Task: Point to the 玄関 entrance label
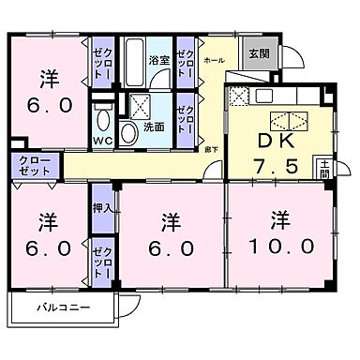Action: click(258, 52)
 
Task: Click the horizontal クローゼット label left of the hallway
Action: click(35, 167)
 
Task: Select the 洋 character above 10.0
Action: click(278, 220)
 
